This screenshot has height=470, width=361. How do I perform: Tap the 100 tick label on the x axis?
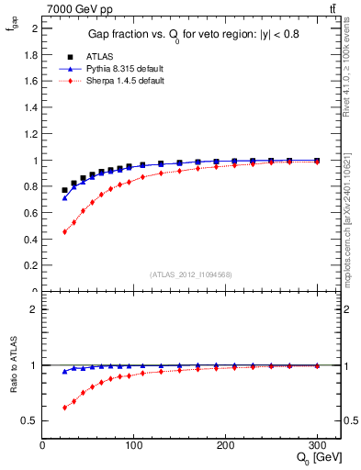coord(134,445)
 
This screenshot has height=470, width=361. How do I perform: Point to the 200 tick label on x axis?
coord(225,445)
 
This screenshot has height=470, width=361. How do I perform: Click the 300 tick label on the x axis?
coord(317,445)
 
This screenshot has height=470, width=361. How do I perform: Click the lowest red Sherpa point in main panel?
coord(64,231)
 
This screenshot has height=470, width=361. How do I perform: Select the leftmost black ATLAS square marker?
coord(64,190)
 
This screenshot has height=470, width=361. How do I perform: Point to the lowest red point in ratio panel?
coord(64,407)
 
